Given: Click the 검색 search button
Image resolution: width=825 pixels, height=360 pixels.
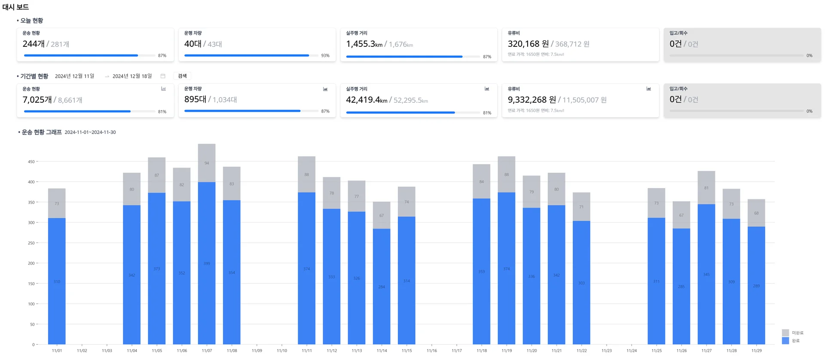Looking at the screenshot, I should [x=182, y=76].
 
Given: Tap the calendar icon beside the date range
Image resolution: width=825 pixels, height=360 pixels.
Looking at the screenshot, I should [x=163, y=76].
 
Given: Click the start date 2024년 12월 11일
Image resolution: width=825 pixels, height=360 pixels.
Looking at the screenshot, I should [x=74, y=76].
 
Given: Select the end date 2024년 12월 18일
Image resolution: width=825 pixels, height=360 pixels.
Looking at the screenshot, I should [x=132, y=76].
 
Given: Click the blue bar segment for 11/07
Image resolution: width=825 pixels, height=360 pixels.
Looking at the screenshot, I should [x=207, y=263].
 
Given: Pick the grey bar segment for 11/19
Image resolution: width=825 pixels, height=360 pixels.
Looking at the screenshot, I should [x=507, y=174].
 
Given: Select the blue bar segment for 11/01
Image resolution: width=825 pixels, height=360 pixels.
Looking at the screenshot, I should [x=57, y=281].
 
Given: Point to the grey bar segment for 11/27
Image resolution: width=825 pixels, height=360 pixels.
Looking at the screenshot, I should [x=706, y=188].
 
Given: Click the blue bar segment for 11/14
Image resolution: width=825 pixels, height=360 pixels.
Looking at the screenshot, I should [x=382, y=286].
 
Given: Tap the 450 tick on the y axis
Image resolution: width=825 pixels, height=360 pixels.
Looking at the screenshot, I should [x=31, y=162].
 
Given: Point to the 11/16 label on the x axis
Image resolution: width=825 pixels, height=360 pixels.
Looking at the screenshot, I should [x=432, y=351].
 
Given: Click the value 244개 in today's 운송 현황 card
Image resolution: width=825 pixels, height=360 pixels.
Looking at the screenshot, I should [x=34, y=44].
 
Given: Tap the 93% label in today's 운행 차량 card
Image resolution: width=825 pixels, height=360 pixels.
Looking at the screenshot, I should [x=325, y=56].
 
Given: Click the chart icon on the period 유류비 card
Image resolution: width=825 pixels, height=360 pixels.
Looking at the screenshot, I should [x=648, y=89].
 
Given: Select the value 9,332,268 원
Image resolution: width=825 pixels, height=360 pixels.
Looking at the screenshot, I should [x=532, y=100].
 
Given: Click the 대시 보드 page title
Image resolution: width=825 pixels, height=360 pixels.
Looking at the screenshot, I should [x=16, y=7].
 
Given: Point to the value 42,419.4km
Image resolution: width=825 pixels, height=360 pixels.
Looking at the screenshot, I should [x=367, y=100].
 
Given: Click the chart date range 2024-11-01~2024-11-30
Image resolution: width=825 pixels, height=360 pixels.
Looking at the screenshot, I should [x=90, y=132].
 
